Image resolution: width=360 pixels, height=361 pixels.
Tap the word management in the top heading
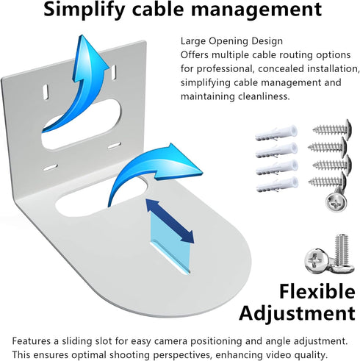(256, 10)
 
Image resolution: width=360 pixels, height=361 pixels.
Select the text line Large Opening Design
(231, 41)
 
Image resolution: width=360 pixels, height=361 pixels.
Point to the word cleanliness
(264, 96)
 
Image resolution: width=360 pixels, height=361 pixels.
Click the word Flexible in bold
(317, 291)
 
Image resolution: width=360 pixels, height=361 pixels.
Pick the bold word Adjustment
(297, 313)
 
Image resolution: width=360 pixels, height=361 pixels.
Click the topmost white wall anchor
(276, 133)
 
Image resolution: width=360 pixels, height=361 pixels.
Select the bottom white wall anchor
(277, 185)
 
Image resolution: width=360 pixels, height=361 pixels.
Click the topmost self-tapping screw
(332, 129)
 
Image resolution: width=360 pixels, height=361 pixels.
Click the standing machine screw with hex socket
(342, 251)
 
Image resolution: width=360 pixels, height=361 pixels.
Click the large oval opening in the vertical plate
(81, 124)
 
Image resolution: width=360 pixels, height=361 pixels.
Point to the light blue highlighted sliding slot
(170, 243)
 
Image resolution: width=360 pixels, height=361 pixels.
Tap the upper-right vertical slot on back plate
(114, 72)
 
